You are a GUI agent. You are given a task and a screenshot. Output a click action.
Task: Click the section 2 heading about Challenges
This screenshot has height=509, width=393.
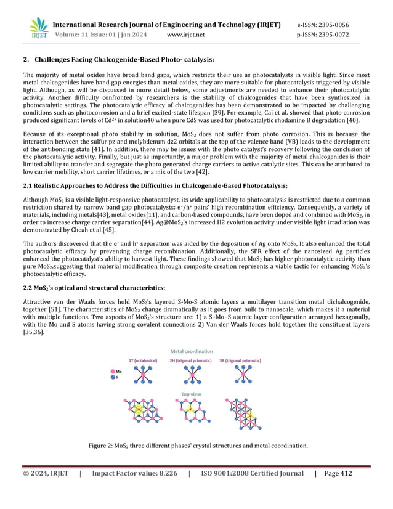[118, 60]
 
